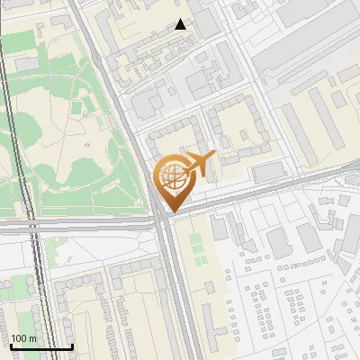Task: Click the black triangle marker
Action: click(x=181, y=24)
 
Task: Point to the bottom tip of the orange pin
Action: click(x=171, y=212)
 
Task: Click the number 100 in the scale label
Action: click(x=19, y=338)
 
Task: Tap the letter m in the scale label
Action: click(x=32, y=338)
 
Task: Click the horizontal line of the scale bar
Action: click(x=41, y=346)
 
